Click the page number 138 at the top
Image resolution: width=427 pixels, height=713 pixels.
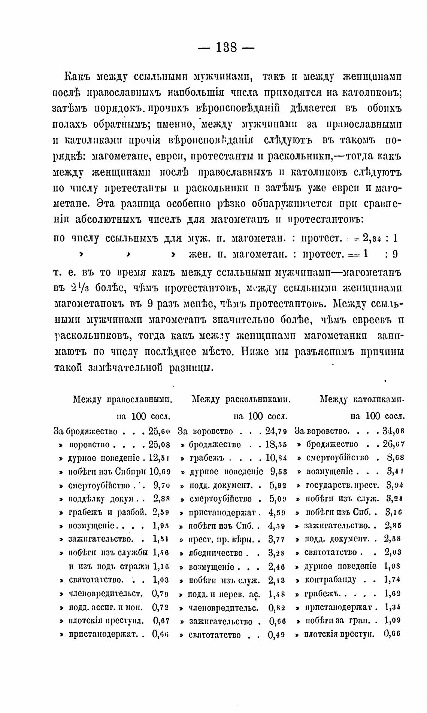pyautogui.click(x=225, y=48)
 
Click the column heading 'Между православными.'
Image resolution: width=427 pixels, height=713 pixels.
pyautogui.click(x=122, y=399)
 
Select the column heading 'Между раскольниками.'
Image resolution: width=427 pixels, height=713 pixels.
pyautogui.click(x=242, y=399)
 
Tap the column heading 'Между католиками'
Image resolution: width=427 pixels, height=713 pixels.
pyautogui.click(x=362, y=399)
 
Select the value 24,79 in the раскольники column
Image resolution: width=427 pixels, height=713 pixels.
pyautogui.click(x=276, y=431)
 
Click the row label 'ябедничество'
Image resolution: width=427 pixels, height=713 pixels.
pyautogui.click(x=216, y=553)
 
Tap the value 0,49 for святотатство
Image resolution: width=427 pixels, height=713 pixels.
pyautogui.click(x=278, y=634)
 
